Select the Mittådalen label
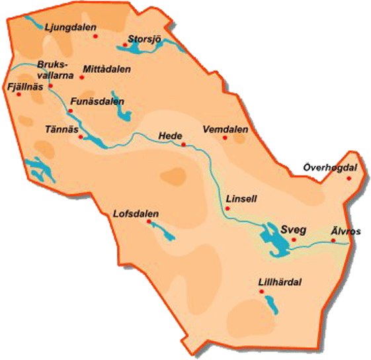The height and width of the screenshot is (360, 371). tap(107, 69)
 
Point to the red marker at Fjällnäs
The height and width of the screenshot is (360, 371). tap(19, 94)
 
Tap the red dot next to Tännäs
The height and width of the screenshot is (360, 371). tap(81, 137)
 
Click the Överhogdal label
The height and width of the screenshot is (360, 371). tap(330, 167)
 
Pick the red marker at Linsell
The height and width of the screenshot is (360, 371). tap(227, 208)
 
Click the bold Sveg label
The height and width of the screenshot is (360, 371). tap(294, 229)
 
